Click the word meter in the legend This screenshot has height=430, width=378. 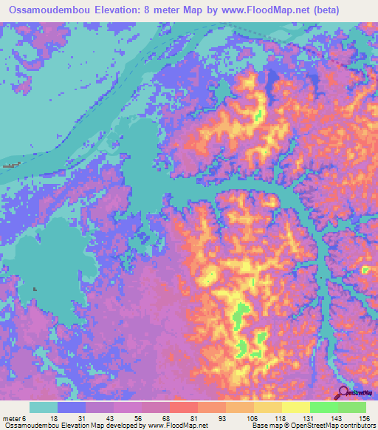point(13,417)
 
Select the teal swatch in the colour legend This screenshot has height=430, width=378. point(44,407)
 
